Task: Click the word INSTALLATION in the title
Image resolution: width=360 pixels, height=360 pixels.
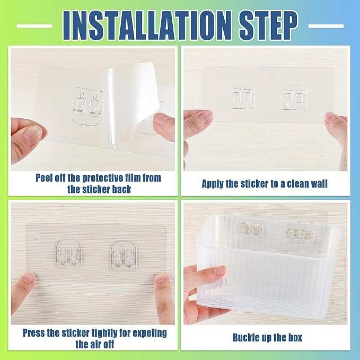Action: click(148, 25)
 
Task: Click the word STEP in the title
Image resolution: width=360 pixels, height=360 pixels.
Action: click(269, 25)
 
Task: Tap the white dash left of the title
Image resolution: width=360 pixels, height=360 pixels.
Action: click(34, 26)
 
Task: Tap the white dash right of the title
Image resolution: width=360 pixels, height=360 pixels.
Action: click(326, 26)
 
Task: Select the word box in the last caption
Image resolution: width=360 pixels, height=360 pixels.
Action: click(294, 338)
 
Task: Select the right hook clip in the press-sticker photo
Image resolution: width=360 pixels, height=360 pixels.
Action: click(124, 255)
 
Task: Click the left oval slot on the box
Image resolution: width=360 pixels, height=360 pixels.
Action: click(250, 229)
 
